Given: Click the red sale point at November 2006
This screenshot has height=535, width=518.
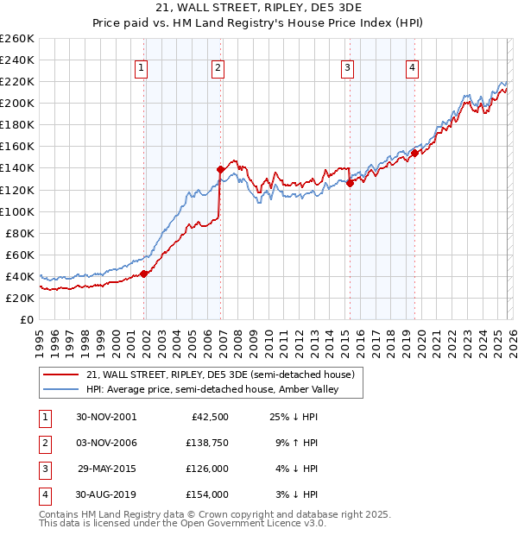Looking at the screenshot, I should pyautogui.click(x=221, y=169).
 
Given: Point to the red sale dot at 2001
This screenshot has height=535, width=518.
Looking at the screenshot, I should pyautogui.click(x=144, y=274).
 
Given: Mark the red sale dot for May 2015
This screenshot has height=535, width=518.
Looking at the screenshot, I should pyautogui.click(x=351, y=183).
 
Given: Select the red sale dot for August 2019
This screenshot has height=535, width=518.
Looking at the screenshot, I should pyautogui.click(x=415, y=153).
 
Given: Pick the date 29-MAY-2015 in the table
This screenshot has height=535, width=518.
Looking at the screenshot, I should pyautogui.click(x=106, y=470).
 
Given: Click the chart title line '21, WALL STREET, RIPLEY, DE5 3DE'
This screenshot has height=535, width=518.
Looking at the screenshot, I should pyautogui.click(x=259, y=9).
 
